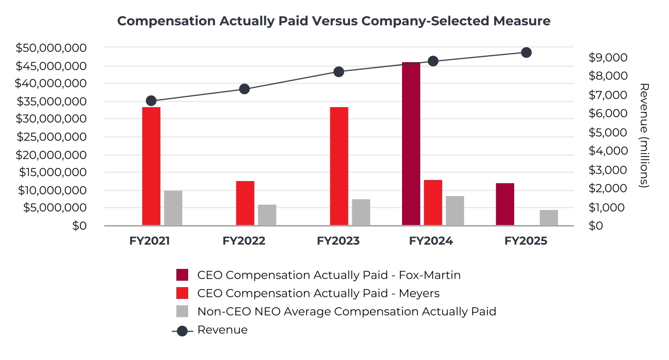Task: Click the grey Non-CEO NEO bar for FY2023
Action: (361, 212)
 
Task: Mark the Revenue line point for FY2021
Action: (151, 101)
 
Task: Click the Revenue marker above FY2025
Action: (526, 52)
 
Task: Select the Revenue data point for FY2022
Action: (244, 89)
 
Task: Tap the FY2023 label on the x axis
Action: (338, 241)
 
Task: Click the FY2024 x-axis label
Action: (431, 241)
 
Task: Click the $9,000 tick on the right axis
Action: (608, 57)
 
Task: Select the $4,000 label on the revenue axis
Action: (608, 151)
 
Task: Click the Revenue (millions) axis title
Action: (645, 135)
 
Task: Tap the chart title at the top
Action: (334, 21)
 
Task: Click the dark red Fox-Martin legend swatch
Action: (182, 275)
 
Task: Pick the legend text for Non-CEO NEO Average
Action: (346, 311)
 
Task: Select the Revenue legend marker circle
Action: (182, 331)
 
